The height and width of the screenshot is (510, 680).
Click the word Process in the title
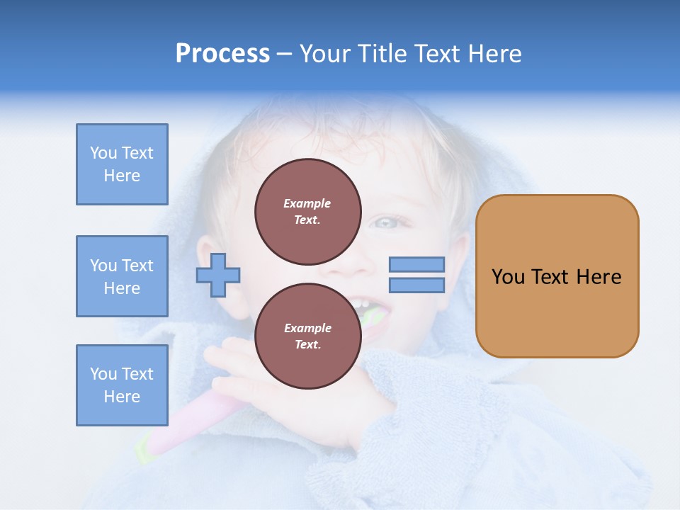click(222, 54)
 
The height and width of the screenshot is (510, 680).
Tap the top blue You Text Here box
click(122, 164)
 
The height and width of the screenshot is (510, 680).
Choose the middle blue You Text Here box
click(122, 276)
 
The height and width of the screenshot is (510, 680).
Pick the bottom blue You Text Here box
click(122, 385)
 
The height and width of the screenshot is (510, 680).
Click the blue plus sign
click(218, 274)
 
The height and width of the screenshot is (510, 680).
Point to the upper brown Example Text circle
click(308, 212)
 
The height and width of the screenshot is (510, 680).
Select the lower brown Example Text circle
click(308, 336)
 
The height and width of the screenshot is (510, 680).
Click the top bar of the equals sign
click(416, 265)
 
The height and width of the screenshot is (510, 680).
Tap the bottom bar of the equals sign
click(416, 285)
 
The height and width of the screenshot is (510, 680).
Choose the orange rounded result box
click(557, 276)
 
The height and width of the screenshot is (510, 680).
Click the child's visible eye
click(387, 222)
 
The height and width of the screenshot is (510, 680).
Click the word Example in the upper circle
click(307, 203)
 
